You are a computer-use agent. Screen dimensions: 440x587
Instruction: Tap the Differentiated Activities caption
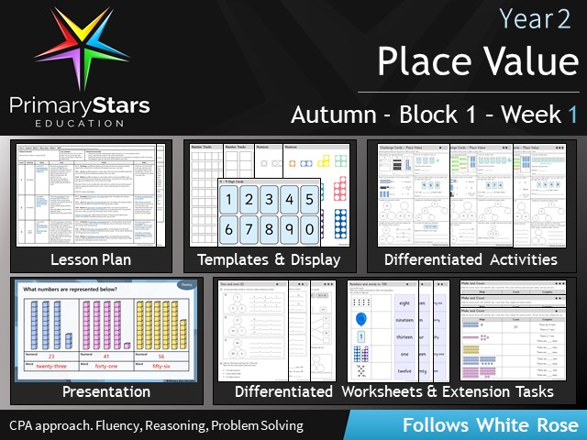point(471,259)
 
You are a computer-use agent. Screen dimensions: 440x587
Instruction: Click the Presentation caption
point(106,391)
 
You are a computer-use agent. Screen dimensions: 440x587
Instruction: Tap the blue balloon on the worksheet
point(360,320)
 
